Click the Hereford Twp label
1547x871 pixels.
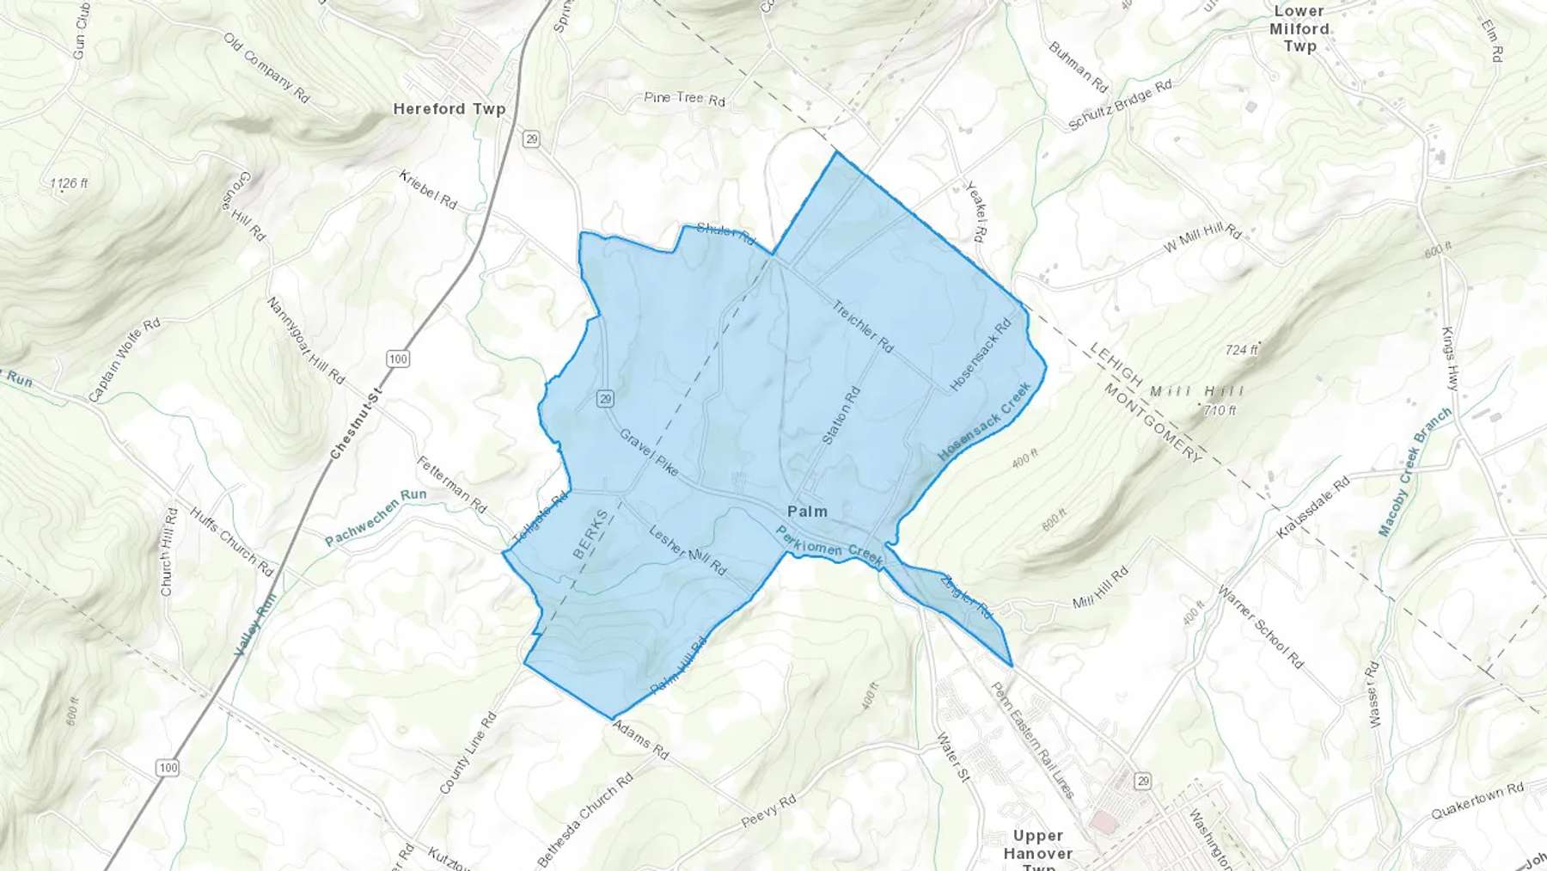click(449, 109)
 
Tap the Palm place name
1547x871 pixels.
click(807, 512)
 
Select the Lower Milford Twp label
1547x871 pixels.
click(1299, 28)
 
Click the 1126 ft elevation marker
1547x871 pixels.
click(69, 183)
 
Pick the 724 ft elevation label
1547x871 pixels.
click(1241, 350)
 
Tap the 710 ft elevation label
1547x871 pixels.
click(1219, 410)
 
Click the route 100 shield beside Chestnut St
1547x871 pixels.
click(397, 359)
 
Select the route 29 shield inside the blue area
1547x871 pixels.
click(606, 399)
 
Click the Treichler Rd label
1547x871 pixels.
click(862, 326)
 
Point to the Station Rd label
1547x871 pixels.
click(841, 415)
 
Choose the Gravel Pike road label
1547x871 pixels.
click(649, 452)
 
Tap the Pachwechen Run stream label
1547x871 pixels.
click(376, 518)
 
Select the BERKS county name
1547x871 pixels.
click(590, 534)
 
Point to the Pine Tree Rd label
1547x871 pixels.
click(684, 99)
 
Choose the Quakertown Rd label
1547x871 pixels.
click(1477, 800)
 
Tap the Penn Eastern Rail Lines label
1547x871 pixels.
click(1032, 739)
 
